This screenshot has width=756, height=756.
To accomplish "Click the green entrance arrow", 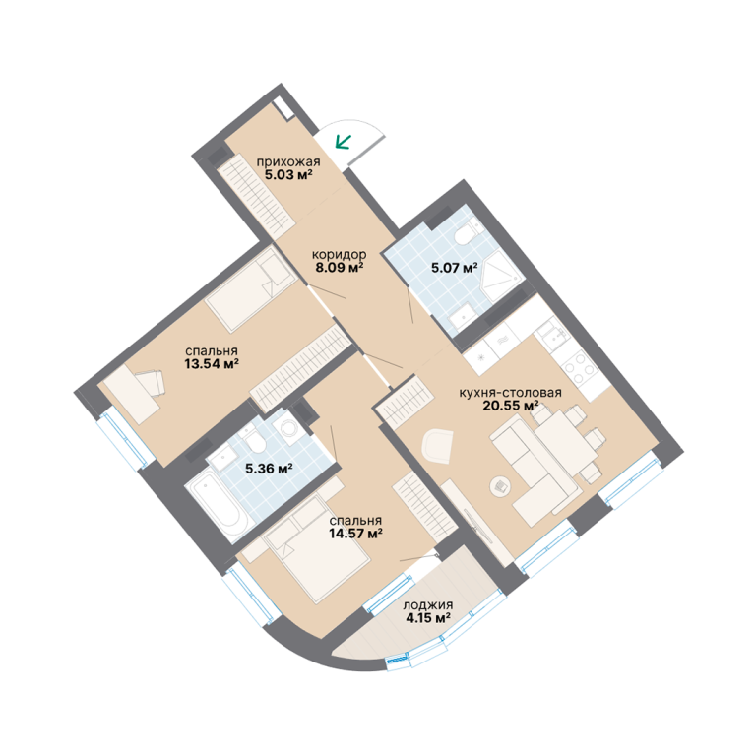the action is pyautogui.click(x=344, y=142).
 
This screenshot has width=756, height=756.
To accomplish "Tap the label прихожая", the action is pyautogui.click(x=288, y=161).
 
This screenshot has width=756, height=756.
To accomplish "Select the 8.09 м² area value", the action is pyautogui.click(x=340, y=267).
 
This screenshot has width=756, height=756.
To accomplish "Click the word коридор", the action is pyautogui.click(x=340, y=254).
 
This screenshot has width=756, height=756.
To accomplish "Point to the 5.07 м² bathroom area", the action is pyautogui.click(x=455, y=267).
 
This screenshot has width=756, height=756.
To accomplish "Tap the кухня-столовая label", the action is pyautogui.click(x=510, y=393).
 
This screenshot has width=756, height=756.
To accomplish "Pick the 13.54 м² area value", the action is pyautogui.click(x=212, y=363).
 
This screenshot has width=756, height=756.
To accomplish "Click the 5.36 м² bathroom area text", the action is pyautogui.click(x=270, y=469).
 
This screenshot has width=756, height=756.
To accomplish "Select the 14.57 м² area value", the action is pyautogui.click(x=355, y=534).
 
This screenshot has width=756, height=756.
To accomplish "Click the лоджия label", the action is pyautogui.click(x=428, y=605).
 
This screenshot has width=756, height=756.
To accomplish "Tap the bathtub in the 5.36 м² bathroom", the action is pyautogui.click(x=217, y=506).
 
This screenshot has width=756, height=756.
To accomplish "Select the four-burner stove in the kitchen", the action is pyautogui.click(x=578, y=367).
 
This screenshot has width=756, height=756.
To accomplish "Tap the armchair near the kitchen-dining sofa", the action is pyautogui.click(x=438, y=446).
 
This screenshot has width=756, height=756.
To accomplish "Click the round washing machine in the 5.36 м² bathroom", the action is pyautogui.click(x=288, y=427).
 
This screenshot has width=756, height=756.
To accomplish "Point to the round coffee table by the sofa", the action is pyautogui.click(x=500, y=486).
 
